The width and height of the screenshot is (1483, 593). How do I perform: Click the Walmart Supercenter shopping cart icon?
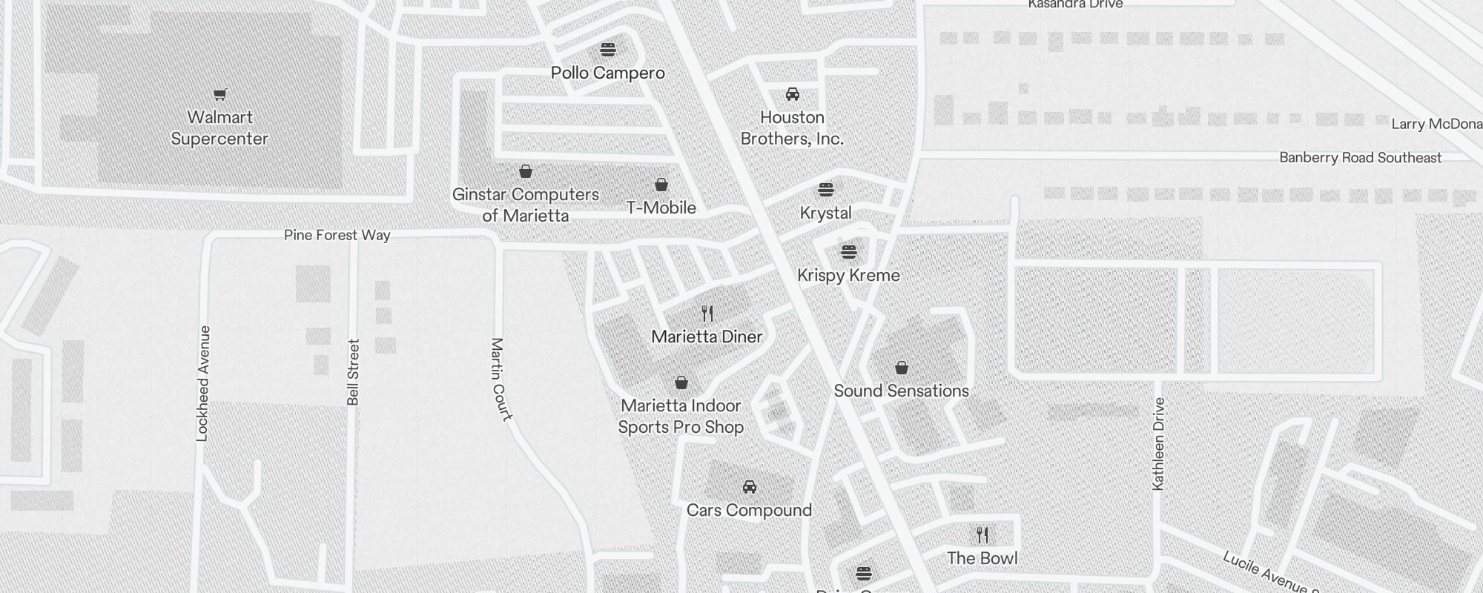pyautogui.click(x=219, y=94)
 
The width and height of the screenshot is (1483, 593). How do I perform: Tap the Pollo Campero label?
pyautogui.click(x=607, y=73)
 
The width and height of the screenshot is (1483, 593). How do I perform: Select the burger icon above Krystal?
pyautogui.click(x=825, y=190)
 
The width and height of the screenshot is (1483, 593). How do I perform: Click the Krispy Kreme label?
pyautogui.click(x=848, y=275)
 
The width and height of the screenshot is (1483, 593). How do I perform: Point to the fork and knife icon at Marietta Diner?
pyautogui.click(x=707, y=314)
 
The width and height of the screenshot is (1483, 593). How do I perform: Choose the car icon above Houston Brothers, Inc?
pyautogui.click(x=792, y=94)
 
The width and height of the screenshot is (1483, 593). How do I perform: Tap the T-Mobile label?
pyautogui.click(x=661, y=208)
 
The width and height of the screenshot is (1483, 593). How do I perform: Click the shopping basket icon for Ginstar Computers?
pyautogui.click(x=525, y=172)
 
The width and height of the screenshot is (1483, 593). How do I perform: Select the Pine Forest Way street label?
pyautogui.click(x=337, y=235)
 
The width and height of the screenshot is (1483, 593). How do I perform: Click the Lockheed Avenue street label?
pyautogui.click(x=202, y=383)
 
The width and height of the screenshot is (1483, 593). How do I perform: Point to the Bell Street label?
pyautogui.click(x=353, y=371)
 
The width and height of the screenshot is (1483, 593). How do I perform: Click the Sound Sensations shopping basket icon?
pyautogui.click(x=901, y=368)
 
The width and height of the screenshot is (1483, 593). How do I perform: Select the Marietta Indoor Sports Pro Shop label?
pyautogui.click(x=681, y=416)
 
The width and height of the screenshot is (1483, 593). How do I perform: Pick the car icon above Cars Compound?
pyautogui.click(x=749, y=487)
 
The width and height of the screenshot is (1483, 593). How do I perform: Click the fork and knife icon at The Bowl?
pyautogui.click(x=982, y=534)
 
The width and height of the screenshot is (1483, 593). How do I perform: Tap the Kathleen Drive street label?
pyautogui.click(x=1158, y=443)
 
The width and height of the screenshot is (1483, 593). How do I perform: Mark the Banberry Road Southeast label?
pyautogui.click(x=1360, y=157)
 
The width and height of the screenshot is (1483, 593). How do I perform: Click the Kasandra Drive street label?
pyautogui.click(x=1075, y=4)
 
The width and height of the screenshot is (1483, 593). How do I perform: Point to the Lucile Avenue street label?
pyautogui.click(x=1268, y=572)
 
